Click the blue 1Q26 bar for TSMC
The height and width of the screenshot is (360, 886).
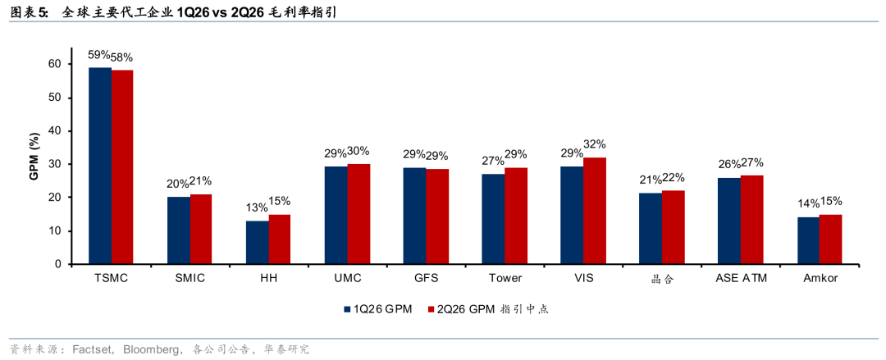pos(100,166)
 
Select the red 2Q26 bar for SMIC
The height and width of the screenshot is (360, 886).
pos(201,230)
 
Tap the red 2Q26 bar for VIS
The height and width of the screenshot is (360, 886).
pos(595,211)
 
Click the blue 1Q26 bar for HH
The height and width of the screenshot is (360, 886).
pos(258,243)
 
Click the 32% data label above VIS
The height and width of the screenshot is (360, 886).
pos(595,144)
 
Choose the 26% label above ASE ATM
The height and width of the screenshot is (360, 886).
pos(729,165)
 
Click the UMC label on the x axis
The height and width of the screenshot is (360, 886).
pos(348,279)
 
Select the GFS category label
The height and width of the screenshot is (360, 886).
pos(426,279)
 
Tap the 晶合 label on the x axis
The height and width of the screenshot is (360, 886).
pos(662,279)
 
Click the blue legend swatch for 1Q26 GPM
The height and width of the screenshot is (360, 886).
pos(348,309)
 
